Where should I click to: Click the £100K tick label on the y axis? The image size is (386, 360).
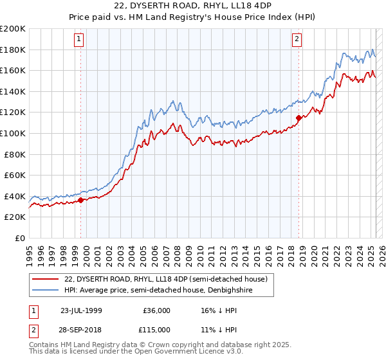click(x=13, y=133)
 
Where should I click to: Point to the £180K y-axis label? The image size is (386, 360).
click(x=13, y=50)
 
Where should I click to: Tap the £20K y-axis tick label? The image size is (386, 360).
click(x=15, y=217)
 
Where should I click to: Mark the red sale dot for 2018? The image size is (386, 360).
click(x=299, y=118)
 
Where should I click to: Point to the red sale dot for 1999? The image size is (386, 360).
click(x=81, y=201)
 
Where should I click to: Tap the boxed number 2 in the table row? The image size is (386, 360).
click(x=35, y=330)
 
